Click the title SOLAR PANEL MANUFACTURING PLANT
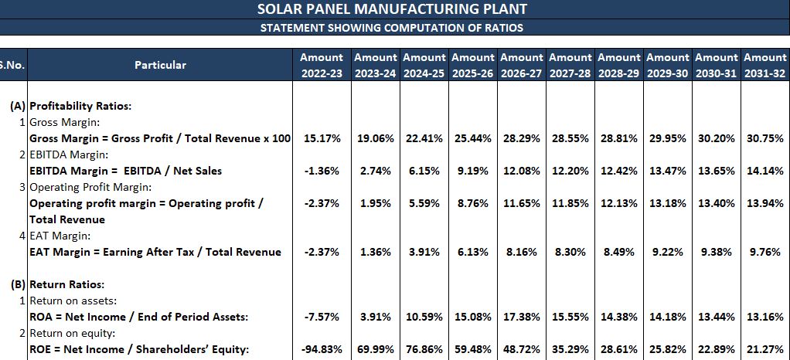[392, 9]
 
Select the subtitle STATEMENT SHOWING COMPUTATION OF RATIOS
[392, 28]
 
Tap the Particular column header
[160, 65]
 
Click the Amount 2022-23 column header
[322, 65]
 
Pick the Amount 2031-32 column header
[764, 65]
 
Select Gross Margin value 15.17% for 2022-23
[322, 138]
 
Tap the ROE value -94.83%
[322, 349]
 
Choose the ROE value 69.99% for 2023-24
[375, 349]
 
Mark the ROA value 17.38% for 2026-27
[521, 317]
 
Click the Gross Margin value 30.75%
[764, 138]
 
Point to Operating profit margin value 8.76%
[472, 203]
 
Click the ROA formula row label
[138, 317]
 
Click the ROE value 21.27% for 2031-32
[764, 349]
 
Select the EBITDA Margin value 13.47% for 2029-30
[667, 171]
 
